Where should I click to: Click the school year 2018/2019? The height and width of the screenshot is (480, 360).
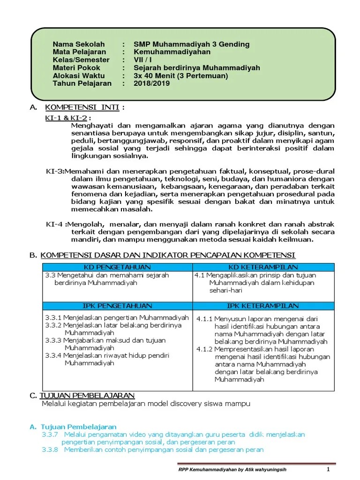(x=151, y=83)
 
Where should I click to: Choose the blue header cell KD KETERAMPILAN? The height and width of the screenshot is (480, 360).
(x=263, y=267)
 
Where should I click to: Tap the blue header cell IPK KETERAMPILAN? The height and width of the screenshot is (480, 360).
(x=263, y=306)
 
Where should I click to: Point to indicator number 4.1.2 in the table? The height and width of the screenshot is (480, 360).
(x=205, y=349)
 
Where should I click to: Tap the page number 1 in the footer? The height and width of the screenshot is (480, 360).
(x=329, y=470)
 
